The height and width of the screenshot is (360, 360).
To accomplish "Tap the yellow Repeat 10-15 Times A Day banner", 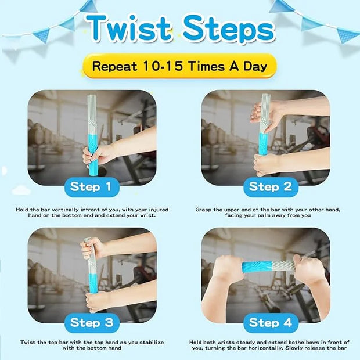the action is pyautogui.click(x=179, y=66).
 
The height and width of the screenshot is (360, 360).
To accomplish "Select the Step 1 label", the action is pyautogui.click(x=92, y=187).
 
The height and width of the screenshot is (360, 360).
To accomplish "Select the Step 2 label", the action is pyautogui.click(x=271, y=187).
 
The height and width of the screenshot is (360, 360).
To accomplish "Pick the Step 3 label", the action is pyautogui.click(x=92, y=323).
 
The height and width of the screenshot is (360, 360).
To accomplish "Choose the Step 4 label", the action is pyautogui.click(x=271, y=323).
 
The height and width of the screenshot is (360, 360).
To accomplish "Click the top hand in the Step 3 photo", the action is pyautogui.click(x=92, y=249).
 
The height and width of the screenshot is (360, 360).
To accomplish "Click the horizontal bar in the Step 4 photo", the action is pyautogui.click(x=268, y=268).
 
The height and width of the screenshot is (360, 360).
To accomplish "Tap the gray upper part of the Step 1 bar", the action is pyautogui.click(x=92, y=115).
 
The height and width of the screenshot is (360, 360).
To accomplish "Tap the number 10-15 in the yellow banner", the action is pyautogui.click(x=163, y=66).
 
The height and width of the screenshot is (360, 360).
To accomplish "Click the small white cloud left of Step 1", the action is pyautogui.click(x=21, y=190).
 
